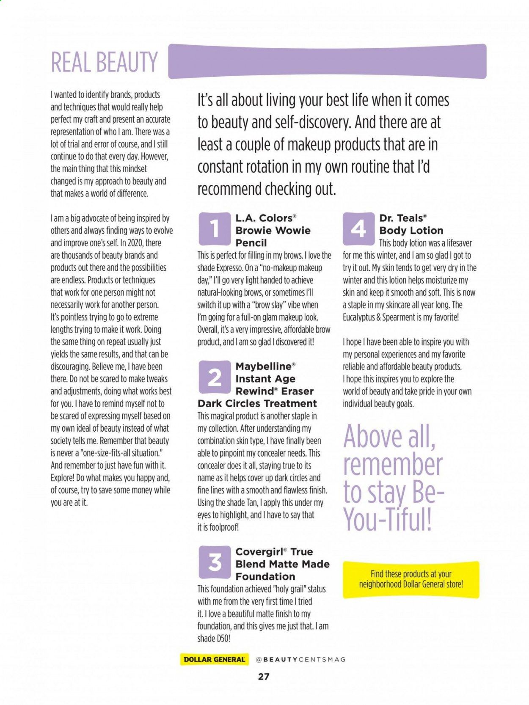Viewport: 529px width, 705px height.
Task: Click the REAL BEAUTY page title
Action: pos(104,62)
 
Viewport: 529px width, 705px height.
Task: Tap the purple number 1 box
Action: pos(215,229)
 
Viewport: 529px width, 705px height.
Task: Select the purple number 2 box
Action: pos(215,377)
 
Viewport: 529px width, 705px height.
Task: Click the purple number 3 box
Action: pos(215,563)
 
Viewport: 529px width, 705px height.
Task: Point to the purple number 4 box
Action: pos(358,229)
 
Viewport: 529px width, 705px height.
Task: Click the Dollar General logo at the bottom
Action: pos(214,659)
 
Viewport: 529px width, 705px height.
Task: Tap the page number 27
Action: pos(264,677)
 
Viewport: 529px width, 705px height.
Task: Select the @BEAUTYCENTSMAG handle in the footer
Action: pos(301,659)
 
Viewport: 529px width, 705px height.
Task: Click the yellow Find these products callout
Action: pos(411,579)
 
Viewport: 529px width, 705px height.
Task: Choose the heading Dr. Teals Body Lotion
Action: pos(411,224)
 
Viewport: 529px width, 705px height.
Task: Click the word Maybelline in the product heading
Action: pos(264,366)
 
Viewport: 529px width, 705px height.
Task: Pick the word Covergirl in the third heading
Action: pos(259,552)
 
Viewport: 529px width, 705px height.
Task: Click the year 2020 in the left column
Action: pos(135,243)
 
